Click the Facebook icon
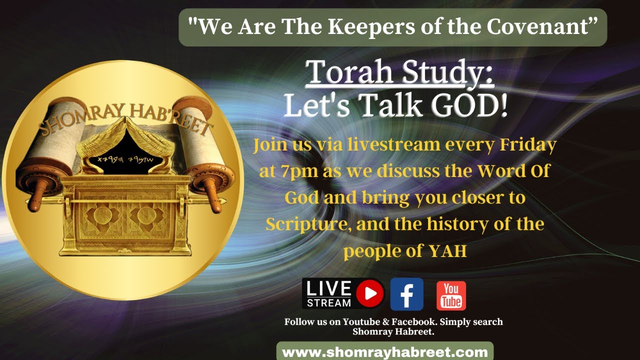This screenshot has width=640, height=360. (406, 294)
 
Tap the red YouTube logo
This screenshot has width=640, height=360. (451, 295)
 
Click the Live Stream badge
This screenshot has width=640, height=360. (343, 294)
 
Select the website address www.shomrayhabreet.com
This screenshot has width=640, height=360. (385, 351)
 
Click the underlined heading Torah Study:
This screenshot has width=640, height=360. (400, 73)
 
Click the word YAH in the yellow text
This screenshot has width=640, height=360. (448, 251)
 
